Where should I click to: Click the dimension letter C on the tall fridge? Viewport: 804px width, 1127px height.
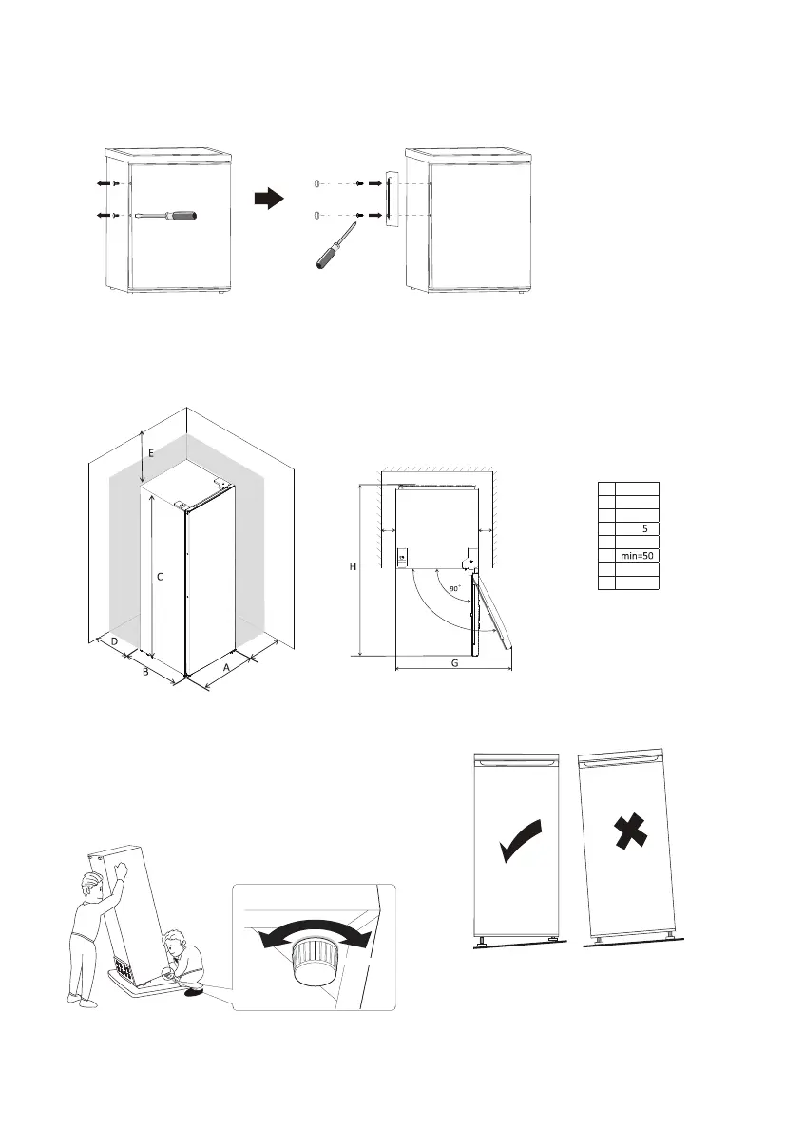tap(161, 576)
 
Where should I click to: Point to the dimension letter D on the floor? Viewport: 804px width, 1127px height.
tap(114, 642)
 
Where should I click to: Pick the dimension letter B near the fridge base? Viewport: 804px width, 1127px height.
tap(144, 672)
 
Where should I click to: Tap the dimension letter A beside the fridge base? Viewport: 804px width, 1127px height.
tap(225, 668)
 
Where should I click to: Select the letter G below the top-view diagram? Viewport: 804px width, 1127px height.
tap(454, 663)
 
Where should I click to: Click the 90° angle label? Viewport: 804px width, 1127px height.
tap(455, 589)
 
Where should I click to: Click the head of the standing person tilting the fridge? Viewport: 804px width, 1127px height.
tap(93, 888)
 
